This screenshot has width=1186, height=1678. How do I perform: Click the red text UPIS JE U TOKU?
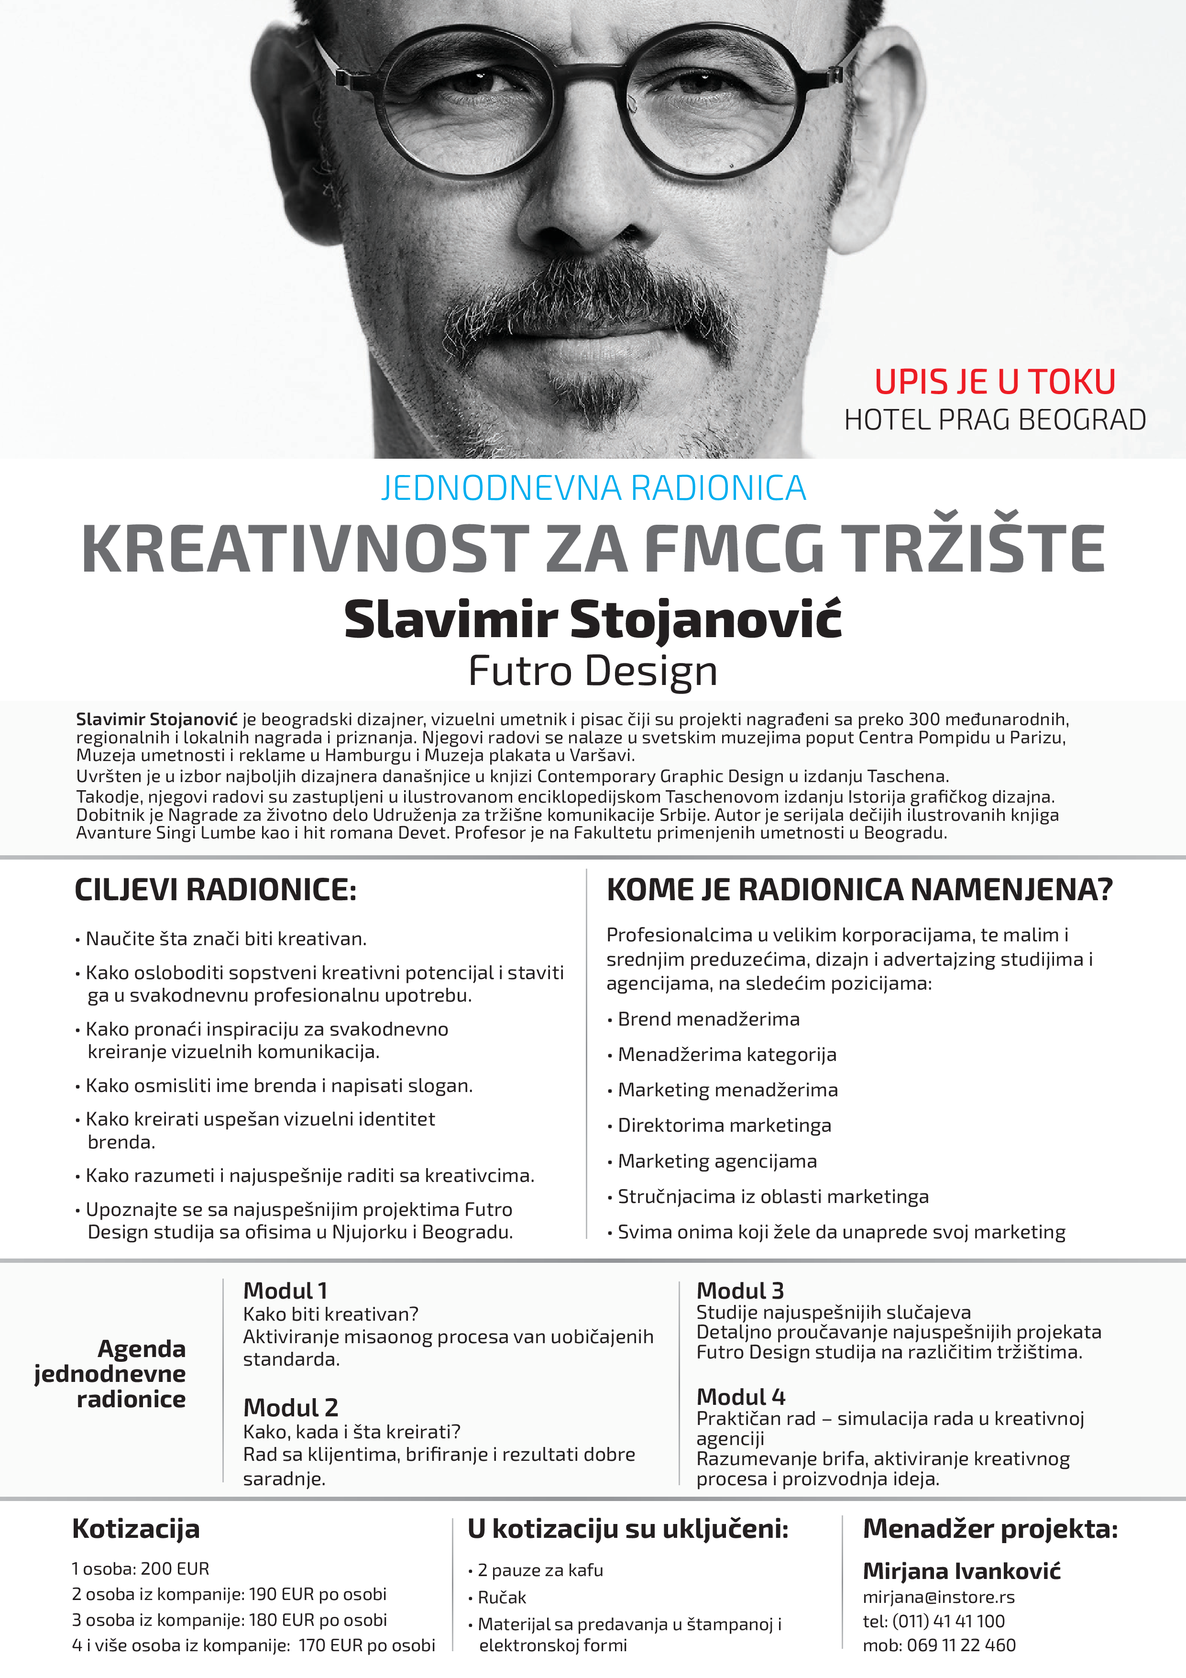pos(995,382)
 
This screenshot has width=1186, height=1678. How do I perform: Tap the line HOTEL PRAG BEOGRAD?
pos(995,420)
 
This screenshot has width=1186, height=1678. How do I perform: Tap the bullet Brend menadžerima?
pos(708,1019)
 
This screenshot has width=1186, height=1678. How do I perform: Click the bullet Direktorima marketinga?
pos(724,1126)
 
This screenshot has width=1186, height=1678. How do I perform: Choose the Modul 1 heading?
pos(285,1290)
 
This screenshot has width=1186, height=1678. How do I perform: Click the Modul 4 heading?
pos(740,1397)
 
